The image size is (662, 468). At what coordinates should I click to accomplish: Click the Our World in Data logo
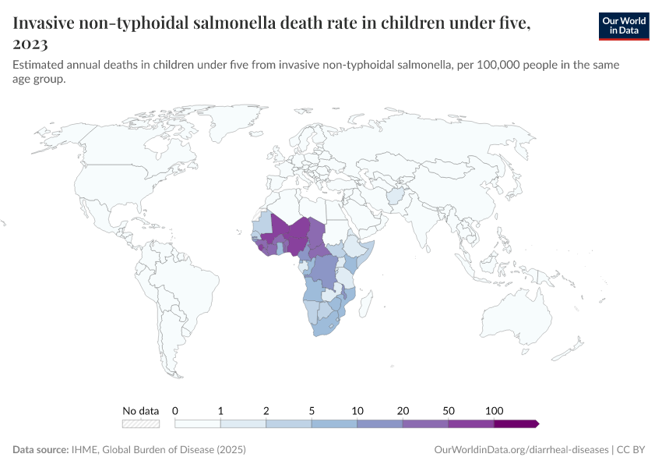[x=623, y=26]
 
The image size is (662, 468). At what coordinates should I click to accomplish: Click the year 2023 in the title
[x=30, y=44]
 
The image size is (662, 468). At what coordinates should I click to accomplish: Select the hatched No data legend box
[x=141, y=424]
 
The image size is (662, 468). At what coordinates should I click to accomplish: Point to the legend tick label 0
[x=175, y=410]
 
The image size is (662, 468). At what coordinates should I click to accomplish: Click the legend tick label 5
[x=312, y=410]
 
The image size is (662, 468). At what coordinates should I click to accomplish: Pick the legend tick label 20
[x=403, y=410]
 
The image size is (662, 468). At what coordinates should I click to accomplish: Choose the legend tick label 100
[x=494, y=410]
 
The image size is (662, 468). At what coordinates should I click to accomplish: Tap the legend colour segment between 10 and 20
[x=380, y=424]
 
